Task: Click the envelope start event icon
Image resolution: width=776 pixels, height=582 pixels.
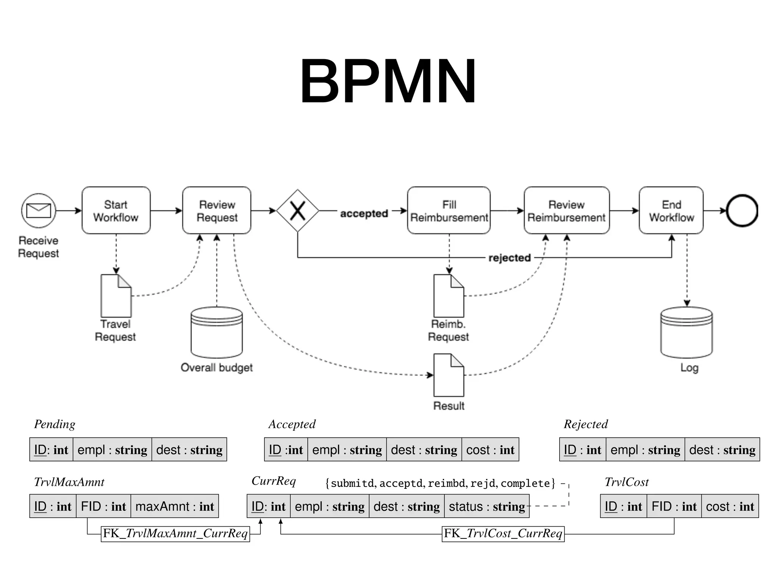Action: tap(39, 211)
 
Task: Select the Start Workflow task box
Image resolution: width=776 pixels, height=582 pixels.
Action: tap(116, 211)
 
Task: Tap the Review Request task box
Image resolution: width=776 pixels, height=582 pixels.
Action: tap(217, 211)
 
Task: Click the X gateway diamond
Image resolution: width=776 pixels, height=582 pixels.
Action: tap(297, 211)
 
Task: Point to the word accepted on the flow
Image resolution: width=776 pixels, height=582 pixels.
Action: tap(364, 214)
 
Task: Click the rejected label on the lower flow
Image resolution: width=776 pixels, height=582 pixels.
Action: tap(509, 258)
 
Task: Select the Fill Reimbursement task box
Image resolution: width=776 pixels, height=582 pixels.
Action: tap(449, 211)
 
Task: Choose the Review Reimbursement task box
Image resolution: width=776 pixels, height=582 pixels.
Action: tap(566, 211)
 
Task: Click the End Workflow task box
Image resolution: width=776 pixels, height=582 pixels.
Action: tap(671, 211)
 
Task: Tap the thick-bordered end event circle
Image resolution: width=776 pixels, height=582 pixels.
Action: tap(742, 211)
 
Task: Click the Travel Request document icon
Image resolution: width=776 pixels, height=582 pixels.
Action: tap(116, 296)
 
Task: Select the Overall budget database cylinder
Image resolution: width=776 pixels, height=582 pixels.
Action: tap(217, 333)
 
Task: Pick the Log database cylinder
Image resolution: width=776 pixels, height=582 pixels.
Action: tap(686, 333)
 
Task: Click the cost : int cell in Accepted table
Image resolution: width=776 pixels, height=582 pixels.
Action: tap(490, 450)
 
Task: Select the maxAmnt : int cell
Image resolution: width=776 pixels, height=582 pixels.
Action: tap(175, 506)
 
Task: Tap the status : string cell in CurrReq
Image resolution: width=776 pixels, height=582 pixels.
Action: tap(487, 506)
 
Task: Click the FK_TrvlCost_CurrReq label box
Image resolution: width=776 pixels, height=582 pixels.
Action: tap(503, 533)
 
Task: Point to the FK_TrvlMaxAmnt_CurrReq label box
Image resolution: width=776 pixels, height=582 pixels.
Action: tap(175, 533)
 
